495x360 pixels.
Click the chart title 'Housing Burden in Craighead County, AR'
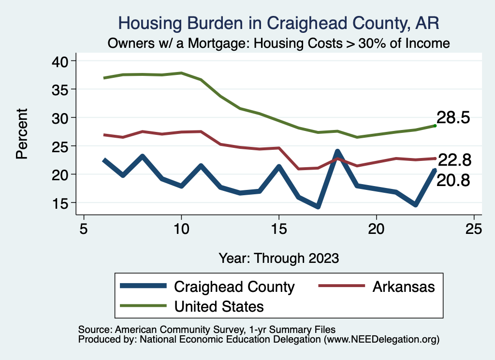tap(279, 23)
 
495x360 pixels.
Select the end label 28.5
tap(453, 117)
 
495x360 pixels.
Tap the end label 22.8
tap(454, 159)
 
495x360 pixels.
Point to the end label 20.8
tap(453, 181)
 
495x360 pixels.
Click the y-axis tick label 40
tap(60, 61)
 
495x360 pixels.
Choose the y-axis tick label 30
tap(60, 117)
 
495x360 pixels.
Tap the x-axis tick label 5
tap(84, 228)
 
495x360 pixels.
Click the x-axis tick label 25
tap(474, 228)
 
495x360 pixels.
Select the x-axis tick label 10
tap(181, 228)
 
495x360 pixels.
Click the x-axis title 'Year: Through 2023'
tap(278, 258)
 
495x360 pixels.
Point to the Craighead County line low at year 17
tap(318, 206)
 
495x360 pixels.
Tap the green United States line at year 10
tap(181, 73)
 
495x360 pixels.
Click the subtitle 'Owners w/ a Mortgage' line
tap(279, 43)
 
